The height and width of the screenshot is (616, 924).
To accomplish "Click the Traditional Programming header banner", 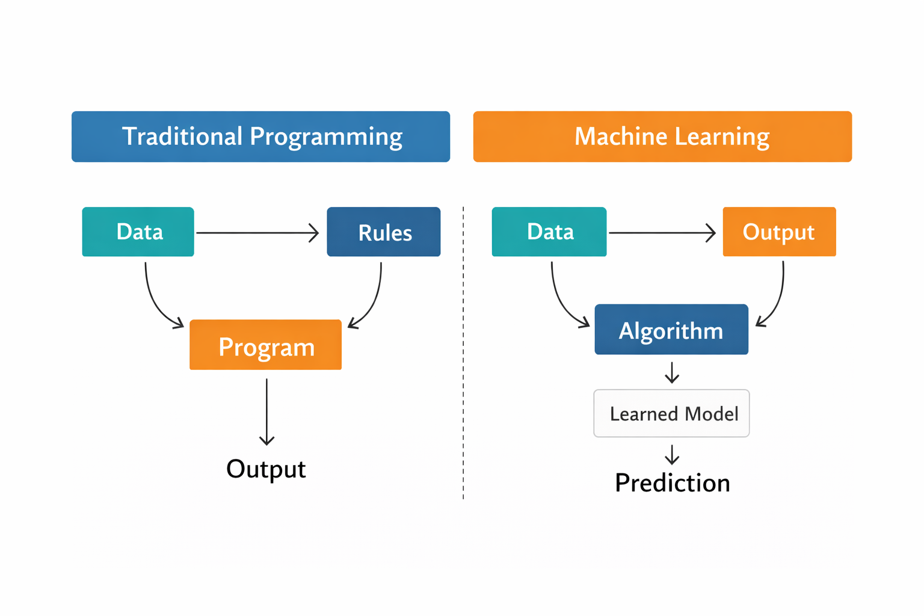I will click(260, 137).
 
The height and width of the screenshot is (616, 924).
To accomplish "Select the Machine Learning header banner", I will click(662, 137).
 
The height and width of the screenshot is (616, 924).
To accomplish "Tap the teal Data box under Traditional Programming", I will click(138, 232).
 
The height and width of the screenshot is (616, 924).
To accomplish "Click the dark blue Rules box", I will click(383, 232).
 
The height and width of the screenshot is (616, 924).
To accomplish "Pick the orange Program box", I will click(265, 345).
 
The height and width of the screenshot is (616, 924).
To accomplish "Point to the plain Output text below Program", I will click(266, 469).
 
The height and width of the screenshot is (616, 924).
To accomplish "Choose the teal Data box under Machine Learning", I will click(549, 232).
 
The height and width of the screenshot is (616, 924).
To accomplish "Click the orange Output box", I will click(779, 232).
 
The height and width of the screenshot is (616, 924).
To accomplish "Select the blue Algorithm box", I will click(671, 330).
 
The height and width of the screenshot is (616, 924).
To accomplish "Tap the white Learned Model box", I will click(671, 413).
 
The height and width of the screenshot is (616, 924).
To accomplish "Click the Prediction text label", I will click(672, 483).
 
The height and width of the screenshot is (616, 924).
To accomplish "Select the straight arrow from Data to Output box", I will click(662, 232).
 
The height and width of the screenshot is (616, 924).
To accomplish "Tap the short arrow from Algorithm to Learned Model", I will click(672, 372).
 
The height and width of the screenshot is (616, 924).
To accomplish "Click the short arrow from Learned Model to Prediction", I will click(672, 455).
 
